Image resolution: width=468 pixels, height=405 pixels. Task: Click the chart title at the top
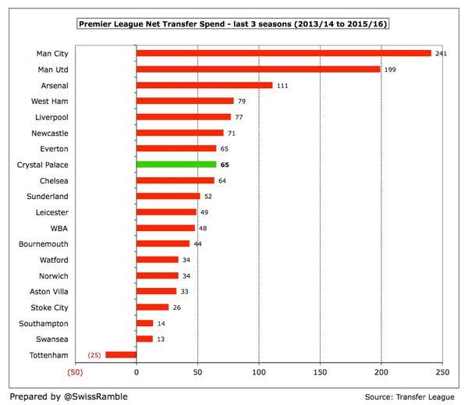[x=234, y=25]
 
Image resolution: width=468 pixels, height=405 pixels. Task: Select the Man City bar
[x=283, y=54]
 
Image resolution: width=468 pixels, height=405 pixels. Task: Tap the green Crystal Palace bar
[x=175, y=165]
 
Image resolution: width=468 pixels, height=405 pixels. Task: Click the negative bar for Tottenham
[x=121, y=354]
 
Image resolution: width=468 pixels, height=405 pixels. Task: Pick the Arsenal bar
[x=204, y=85]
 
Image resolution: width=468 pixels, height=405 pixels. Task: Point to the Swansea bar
[x=144, y=339]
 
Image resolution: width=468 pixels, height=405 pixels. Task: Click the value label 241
[x=441, y=54]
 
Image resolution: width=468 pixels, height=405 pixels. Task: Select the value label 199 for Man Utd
[x=390, y=69]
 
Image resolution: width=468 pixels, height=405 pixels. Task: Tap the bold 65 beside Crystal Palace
[x=224, y=165]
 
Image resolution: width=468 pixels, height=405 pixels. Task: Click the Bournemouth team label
[x=44, y=243]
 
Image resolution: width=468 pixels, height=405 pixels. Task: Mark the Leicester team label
[x=51, y=212]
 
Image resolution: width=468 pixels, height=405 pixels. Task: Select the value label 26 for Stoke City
[x=177, y=307]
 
